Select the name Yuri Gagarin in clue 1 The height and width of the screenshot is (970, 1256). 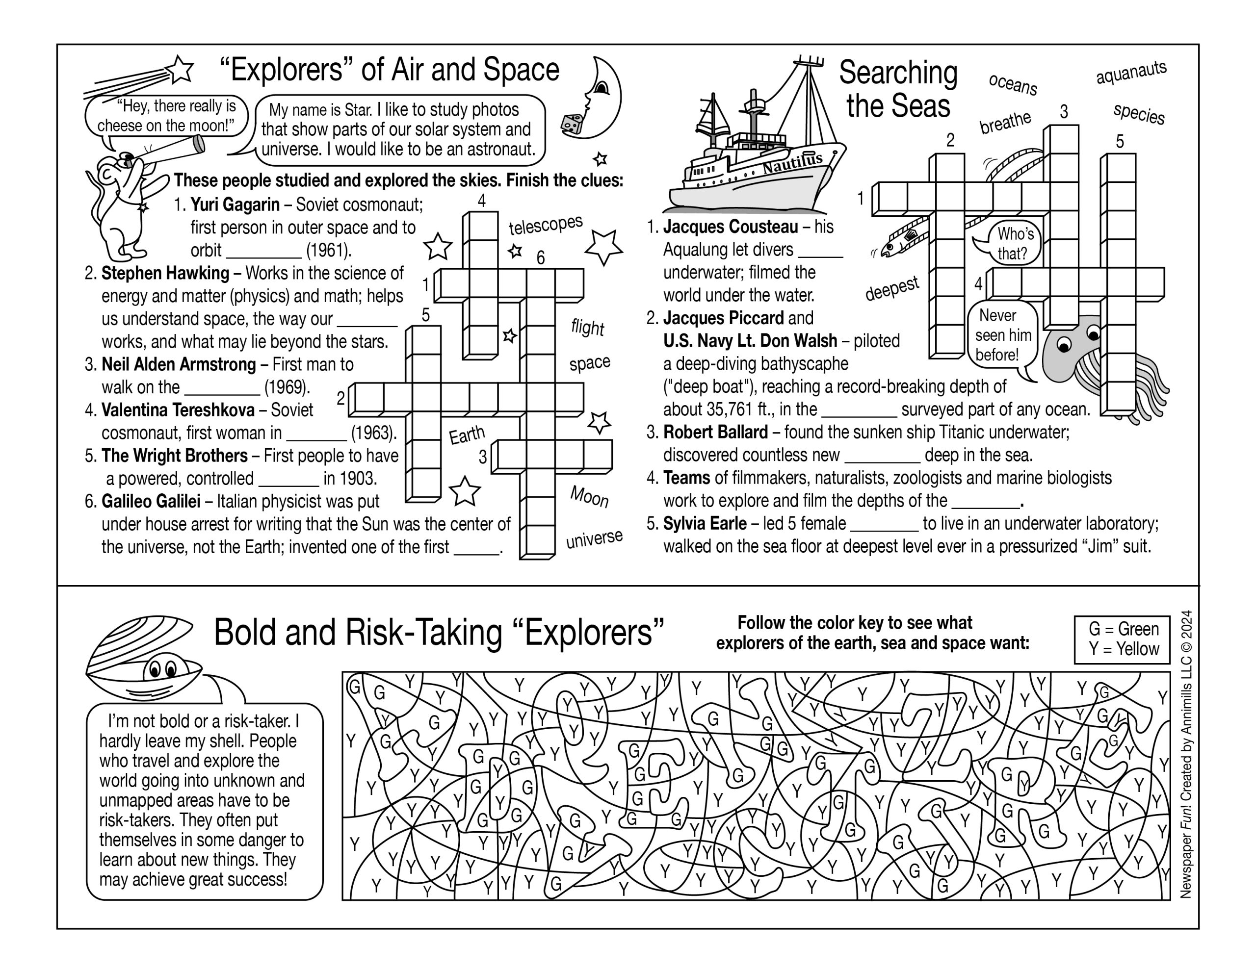pos(235,204)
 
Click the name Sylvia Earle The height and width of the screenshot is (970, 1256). pos(705,523)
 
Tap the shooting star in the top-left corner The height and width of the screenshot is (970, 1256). pos(180,70)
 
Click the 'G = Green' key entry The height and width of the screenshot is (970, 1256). pos(1123,629)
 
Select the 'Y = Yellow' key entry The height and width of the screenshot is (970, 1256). pos(1123,649)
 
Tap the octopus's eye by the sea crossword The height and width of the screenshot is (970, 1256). pos(1064,345)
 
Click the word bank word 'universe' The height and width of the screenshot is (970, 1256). pos(594,539)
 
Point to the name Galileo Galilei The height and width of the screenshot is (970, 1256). pos(151,501)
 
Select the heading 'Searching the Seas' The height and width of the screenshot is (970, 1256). pos(898,90)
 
